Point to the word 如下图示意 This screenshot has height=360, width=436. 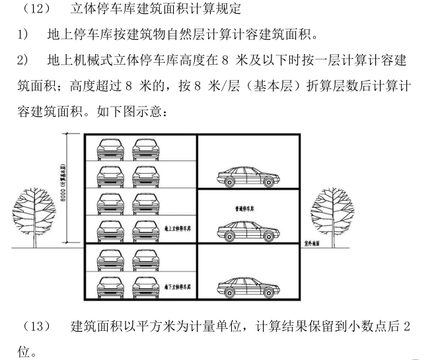[x=133, y=112]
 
